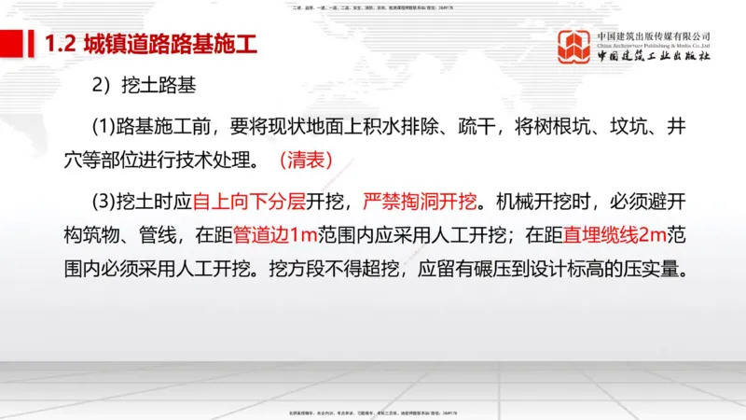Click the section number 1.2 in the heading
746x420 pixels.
[x=62, y=45]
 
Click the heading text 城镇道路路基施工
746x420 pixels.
[x=169, y=45]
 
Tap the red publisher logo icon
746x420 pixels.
[x=574, y=48]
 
